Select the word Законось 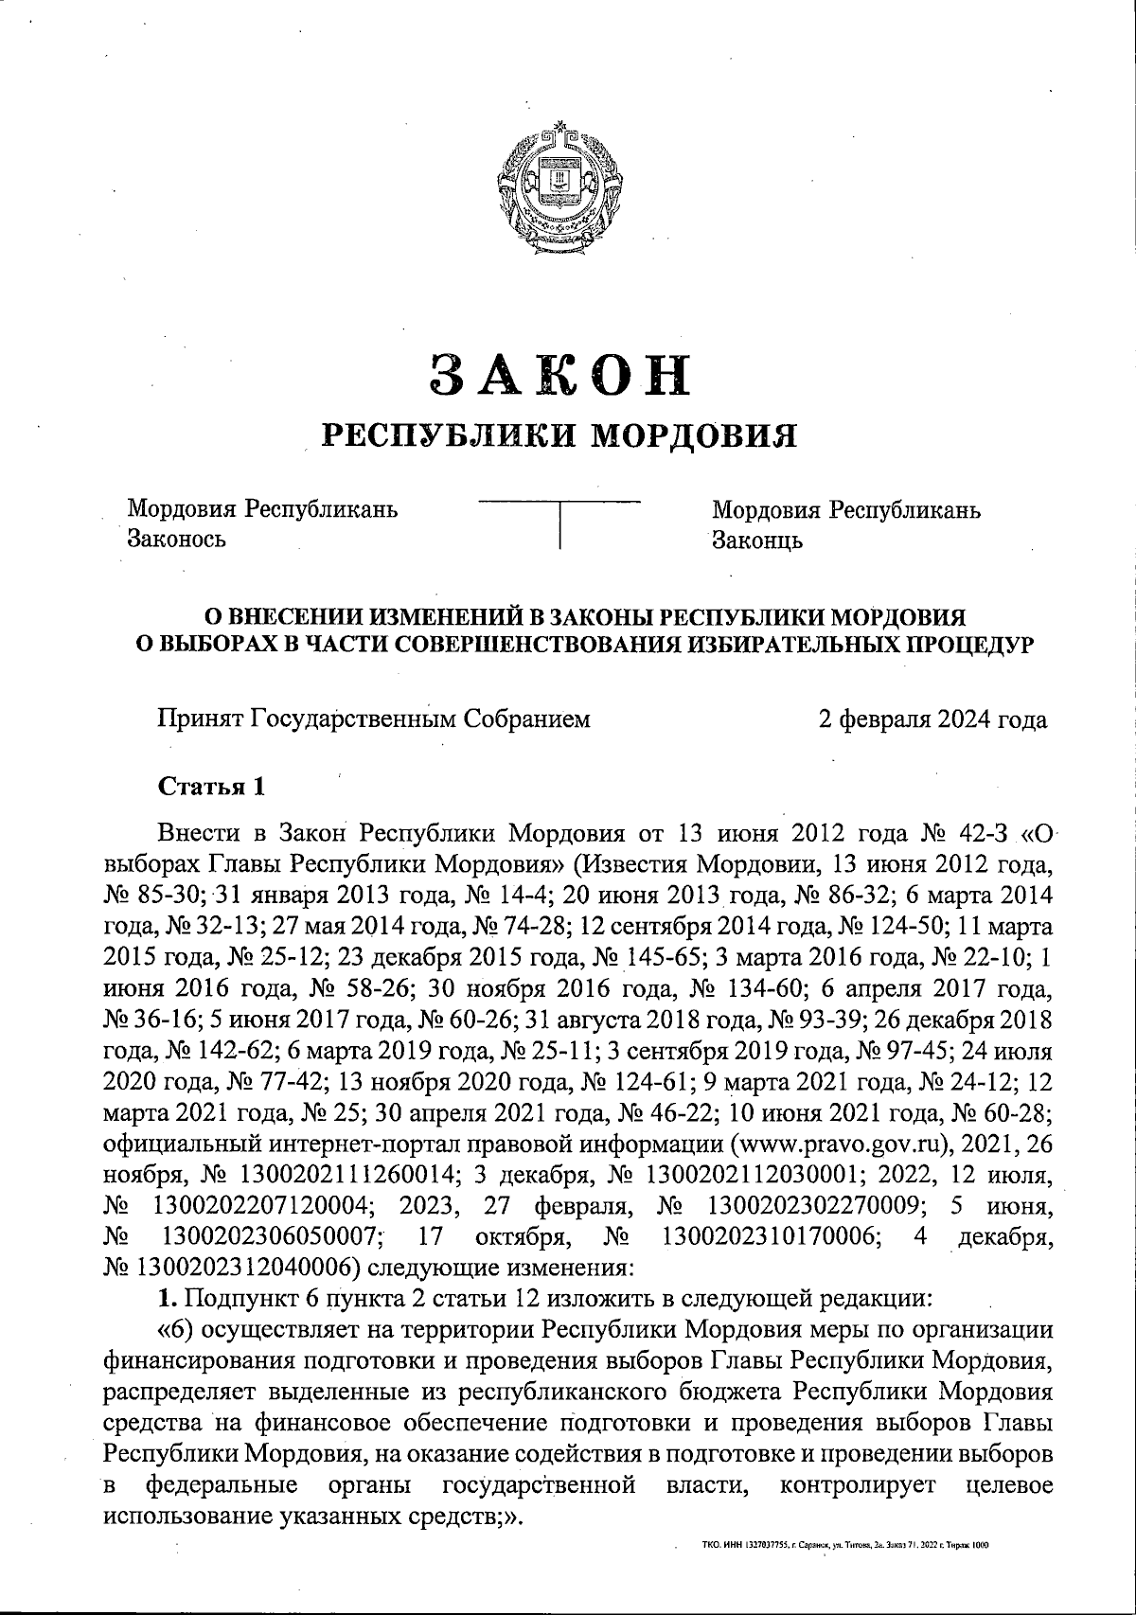[177, 541]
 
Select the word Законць [757, 541]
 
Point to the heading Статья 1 [209, 787]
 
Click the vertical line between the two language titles [560, 524]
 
